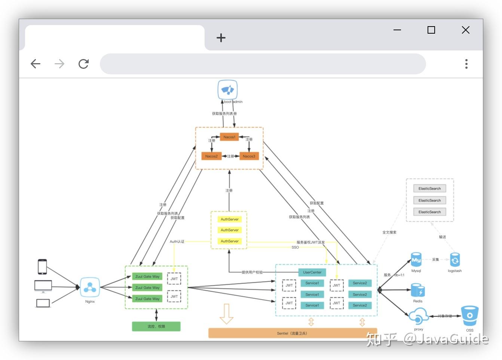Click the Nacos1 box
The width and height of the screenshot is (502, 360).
click(229, 137)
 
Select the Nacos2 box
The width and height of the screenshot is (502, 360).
click(211, 156)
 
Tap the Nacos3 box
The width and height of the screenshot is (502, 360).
click(249, 156)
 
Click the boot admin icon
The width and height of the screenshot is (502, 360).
click(227, 90)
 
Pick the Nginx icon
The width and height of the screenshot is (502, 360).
click(90, 287)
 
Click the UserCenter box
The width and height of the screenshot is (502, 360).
click(312, 272)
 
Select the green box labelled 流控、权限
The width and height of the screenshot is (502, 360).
click(156, 326)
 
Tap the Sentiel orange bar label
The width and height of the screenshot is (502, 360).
click(292, 333)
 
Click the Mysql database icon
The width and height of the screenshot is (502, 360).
click(416, 259)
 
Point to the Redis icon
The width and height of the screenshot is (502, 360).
click(417, 290)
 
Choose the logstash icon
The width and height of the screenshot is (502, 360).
click(454, 260)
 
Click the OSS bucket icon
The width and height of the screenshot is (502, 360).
click(469, 316)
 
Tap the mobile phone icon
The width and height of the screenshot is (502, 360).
click(42, 267)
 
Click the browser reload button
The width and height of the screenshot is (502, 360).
click(83, 64)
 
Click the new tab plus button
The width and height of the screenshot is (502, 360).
click(221, 38)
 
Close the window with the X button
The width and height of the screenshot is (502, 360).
click(465, 30)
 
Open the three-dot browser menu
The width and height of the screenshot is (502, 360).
click(466, 64)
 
